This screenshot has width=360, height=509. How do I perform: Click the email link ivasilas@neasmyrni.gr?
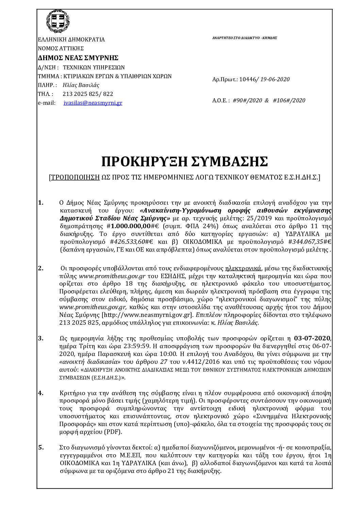click(x=93, y=103)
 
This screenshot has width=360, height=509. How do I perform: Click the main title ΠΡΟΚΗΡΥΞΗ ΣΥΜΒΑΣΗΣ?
click(x=184, y=162)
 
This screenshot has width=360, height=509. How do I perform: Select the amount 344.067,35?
click(x=310, y=242)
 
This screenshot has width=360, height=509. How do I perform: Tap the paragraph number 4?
click(x=40, y=393)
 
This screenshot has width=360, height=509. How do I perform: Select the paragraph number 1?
click(x=40, y=203)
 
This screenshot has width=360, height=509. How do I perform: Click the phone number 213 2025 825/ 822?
click(x=88, y=94)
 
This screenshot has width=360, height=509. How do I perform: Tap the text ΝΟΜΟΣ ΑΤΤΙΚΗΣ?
click(x=61, y=48)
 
